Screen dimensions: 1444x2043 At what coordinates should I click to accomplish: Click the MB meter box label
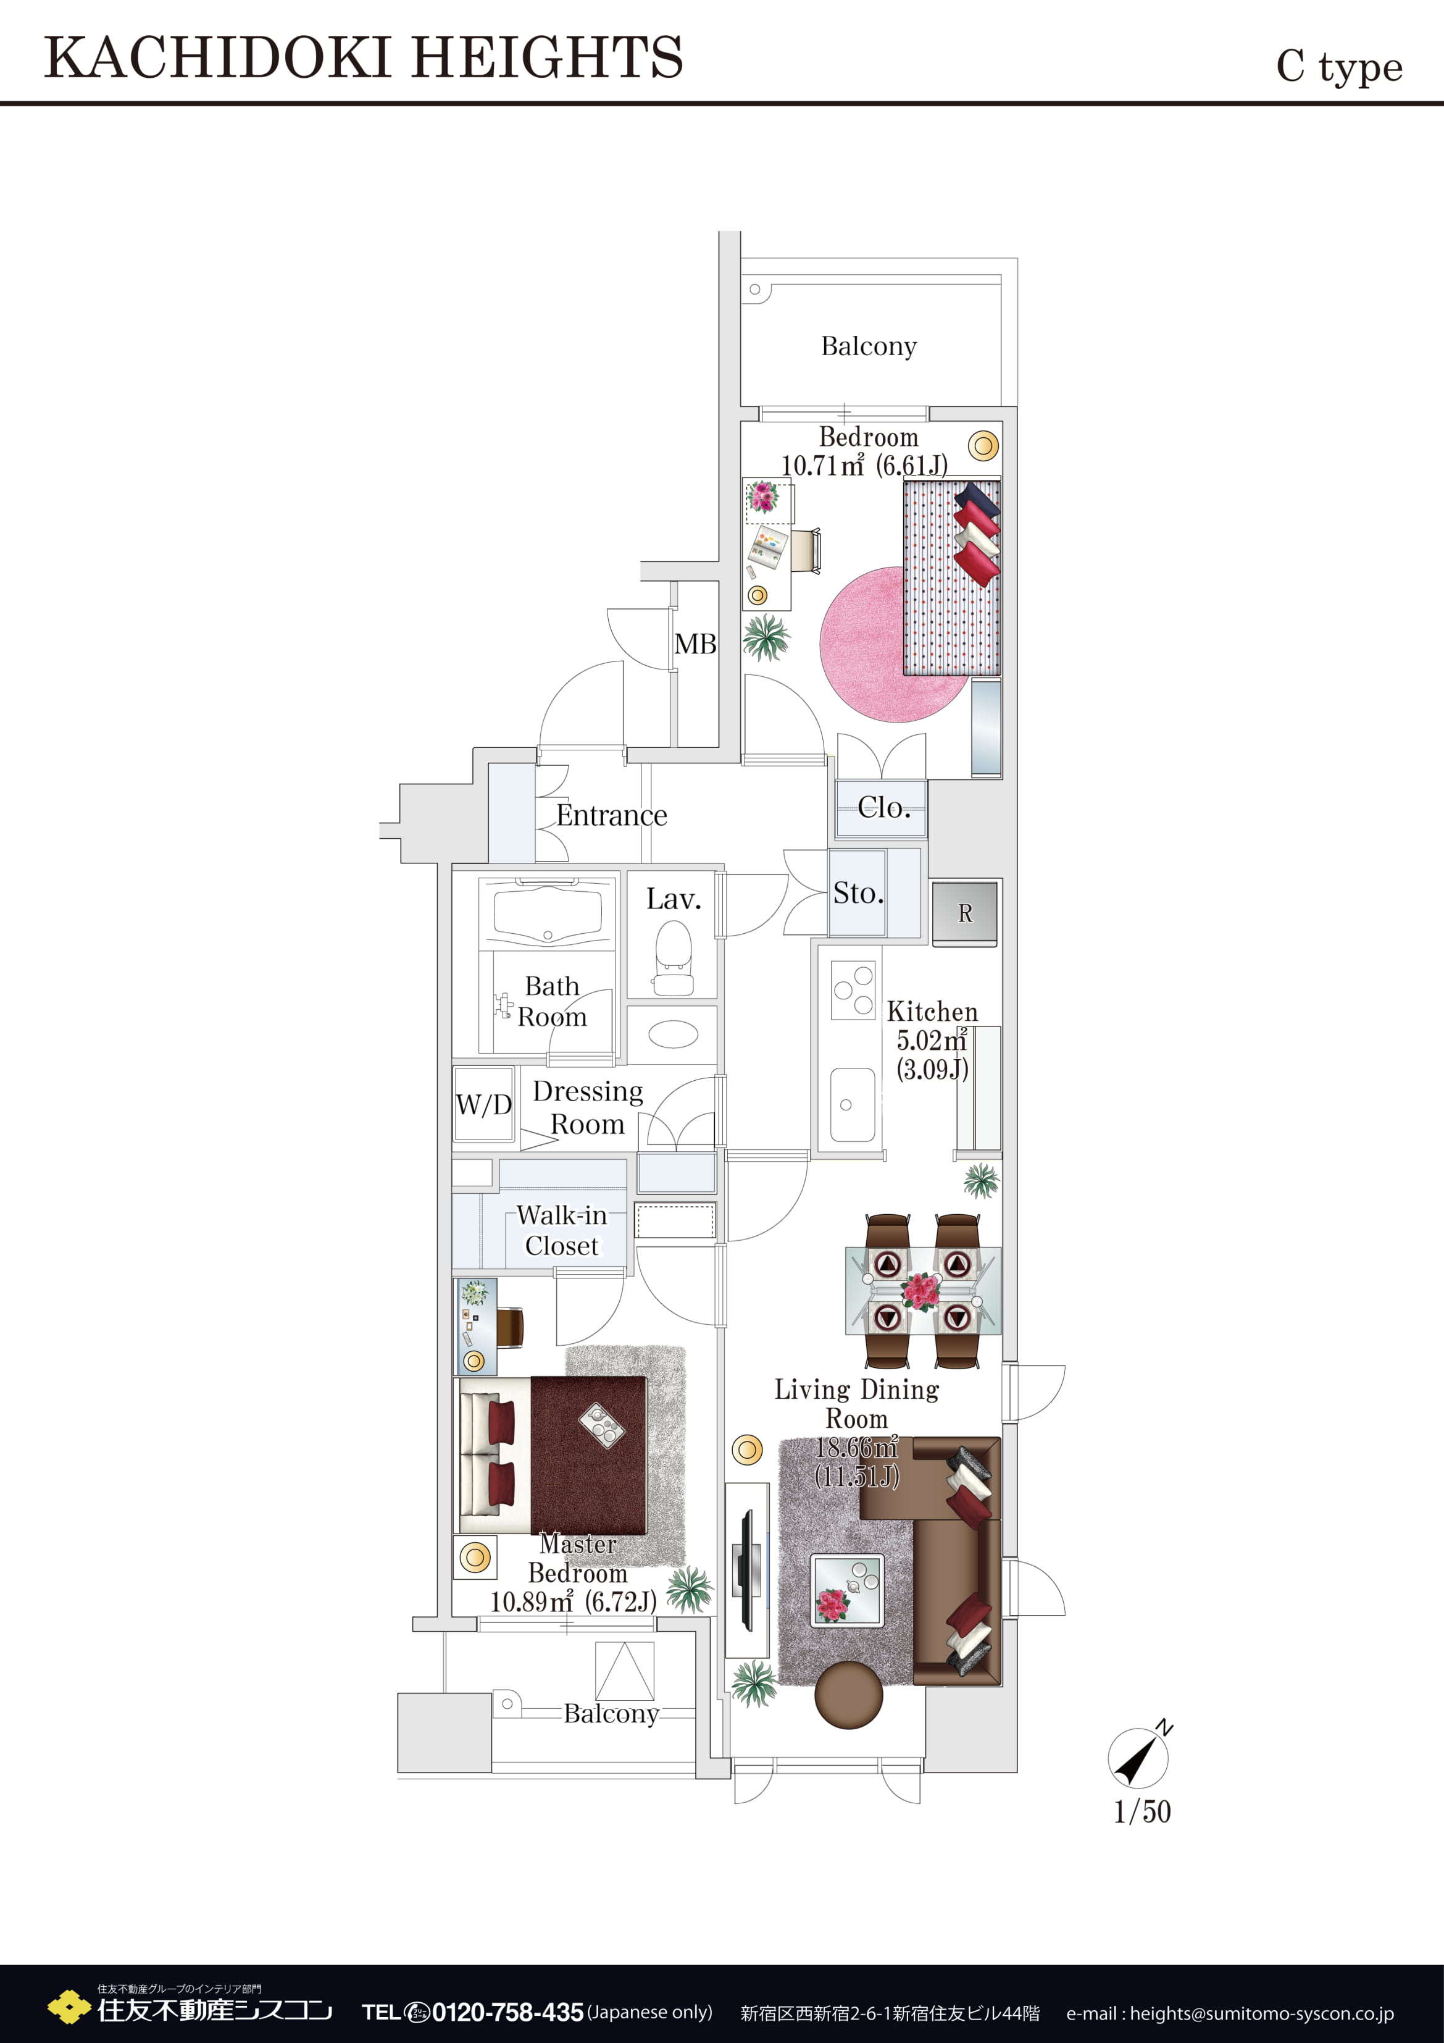(x=695, y=644)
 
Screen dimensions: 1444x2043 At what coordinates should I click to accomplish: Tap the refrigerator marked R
(x=964, y=913)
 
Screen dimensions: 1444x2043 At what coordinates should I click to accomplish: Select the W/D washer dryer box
(x=483, y=1104)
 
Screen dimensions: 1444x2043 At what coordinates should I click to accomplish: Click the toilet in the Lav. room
(x=673, y=957)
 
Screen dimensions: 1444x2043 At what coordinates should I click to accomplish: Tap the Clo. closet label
(x=883, y=807)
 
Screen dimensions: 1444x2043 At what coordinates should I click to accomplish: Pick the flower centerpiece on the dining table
(x=921, y=1290)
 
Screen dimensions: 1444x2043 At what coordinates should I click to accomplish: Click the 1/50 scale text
(x=1141, y=1811)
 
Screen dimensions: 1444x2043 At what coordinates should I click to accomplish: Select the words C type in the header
(x=1339, y=67)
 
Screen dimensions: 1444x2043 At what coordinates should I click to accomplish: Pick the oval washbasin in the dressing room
(x=673, y=1034)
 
